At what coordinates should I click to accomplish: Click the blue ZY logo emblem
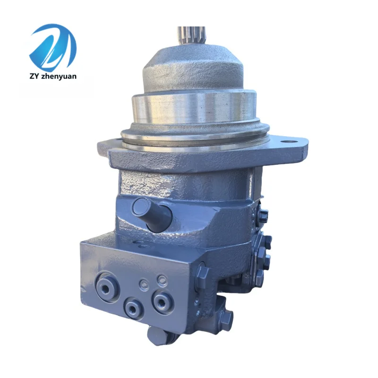(52, 47)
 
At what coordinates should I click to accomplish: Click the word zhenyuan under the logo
(59, 76)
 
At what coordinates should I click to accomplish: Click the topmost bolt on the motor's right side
(262, 214)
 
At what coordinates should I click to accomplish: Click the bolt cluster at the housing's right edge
(263, 250)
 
